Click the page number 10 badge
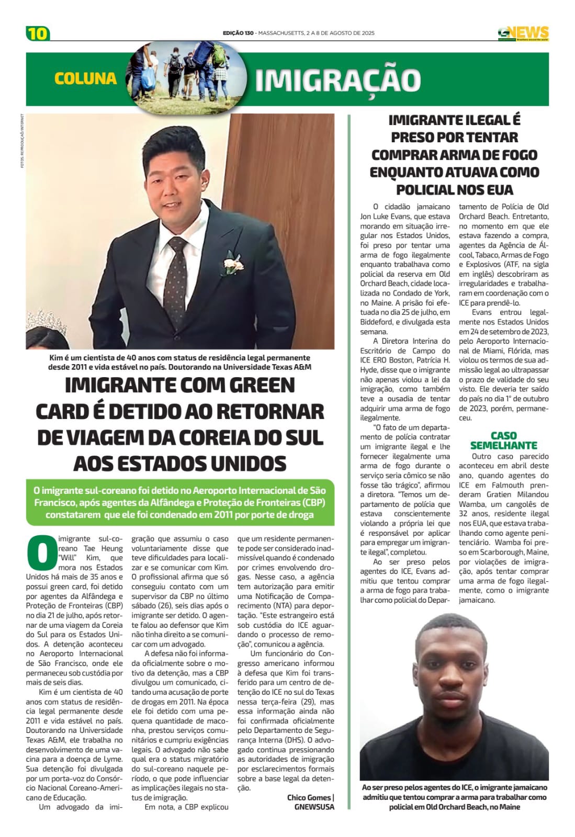38,33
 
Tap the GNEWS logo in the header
523,33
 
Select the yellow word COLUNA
85,78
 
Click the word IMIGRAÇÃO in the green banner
338,80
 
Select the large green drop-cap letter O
40,552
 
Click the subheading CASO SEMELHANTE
503,440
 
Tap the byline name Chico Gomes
309,797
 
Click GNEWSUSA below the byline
314,807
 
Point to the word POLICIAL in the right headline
433,189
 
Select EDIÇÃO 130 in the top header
238,33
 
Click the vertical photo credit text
22,141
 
